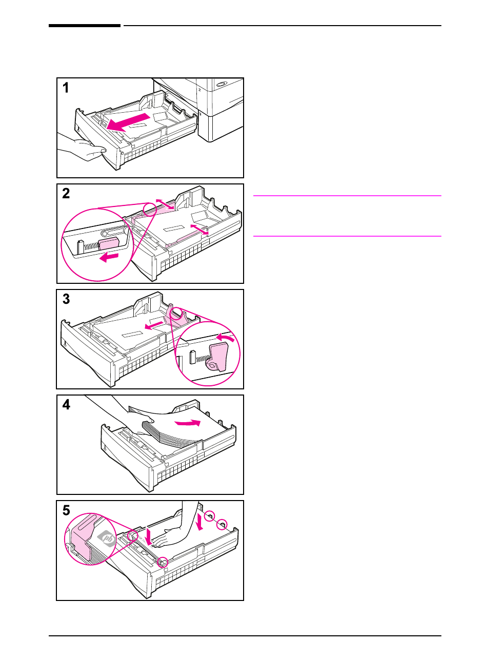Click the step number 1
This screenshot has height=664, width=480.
66,88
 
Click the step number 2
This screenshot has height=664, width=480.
66,193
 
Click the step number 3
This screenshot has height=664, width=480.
66,299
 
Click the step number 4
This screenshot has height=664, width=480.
66,405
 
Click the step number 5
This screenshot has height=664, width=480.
66,510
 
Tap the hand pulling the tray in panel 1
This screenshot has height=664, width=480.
82,148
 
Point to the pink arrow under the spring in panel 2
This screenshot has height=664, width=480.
109,257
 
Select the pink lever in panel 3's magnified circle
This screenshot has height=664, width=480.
218,357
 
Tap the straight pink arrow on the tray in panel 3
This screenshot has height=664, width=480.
154,326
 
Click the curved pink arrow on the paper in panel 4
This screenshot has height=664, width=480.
188,422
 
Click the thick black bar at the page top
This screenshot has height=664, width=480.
85,26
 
